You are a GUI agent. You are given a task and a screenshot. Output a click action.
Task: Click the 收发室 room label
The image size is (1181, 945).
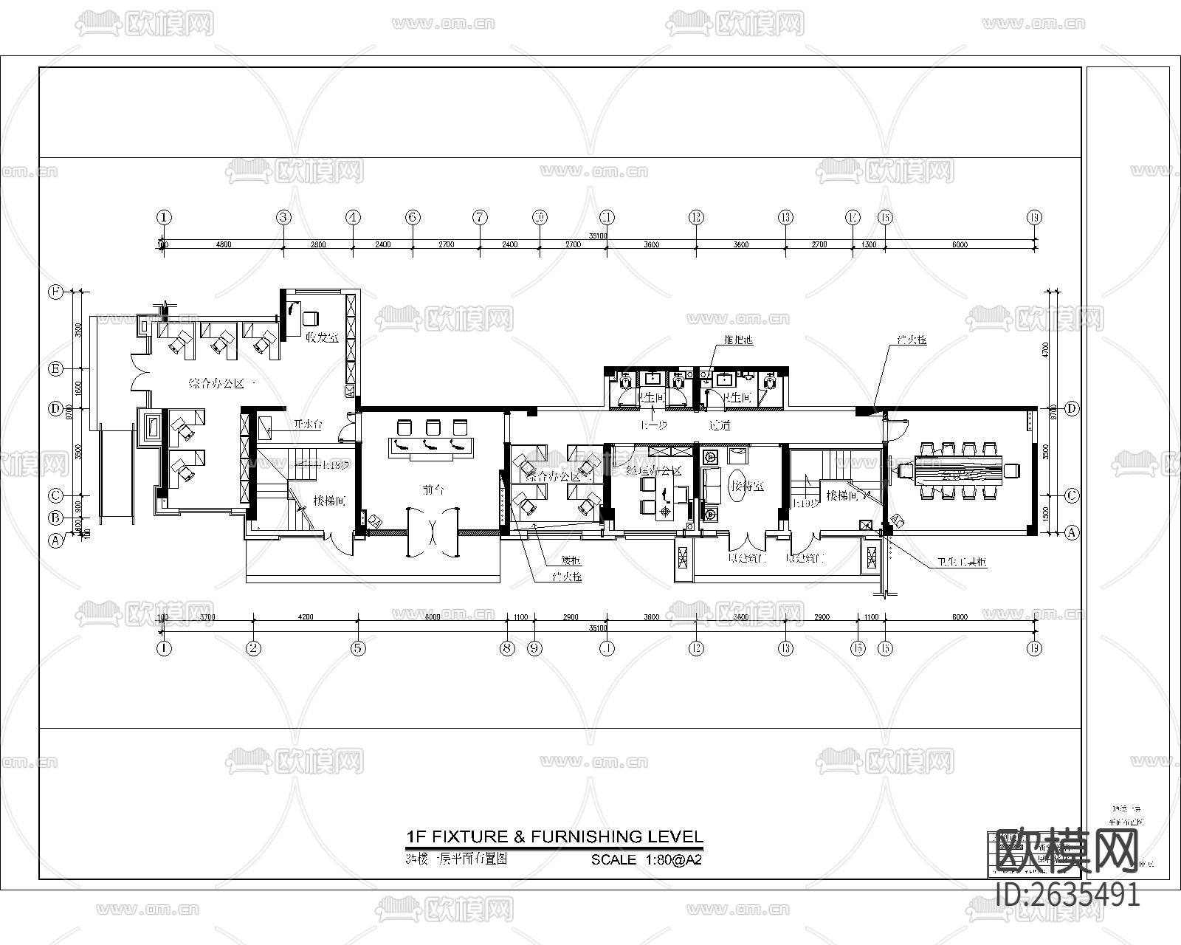[322, 338]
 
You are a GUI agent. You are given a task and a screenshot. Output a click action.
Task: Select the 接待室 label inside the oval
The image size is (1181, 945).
[747, 487]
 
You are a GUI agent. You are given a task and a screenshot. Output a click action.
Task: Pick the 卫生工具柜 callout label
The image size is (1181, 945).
[962, 562]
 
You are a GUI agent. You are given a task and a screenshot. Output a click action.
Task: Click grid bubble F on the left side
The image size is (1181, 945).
[55, 292]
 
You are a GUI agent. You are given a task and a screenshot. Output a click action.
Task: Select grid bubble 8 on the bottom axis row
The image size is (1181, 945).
[506, 649]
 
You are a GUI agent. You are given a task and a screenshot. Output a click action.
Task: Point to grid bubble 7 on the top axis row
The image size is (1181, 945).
[480, 217]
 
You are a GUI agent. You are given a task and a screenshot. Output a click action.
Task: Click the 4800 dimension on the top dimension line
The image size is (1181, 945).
[223, 244]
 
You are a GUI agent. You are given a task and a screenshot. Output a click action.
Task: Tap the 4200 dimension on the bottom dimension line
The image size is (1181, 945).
[305, 617]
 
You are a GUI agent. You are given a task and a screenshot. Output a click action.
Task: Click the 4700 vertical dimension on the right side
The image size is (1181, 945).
[1053, 348]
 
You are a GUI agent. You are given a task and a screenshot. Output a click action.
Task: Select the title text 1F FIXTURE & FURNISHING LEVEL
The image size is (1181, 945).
[554, 836]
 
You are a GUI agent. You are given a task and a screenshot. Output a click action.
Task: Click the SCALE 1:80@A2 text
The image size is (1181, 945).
[646, 860]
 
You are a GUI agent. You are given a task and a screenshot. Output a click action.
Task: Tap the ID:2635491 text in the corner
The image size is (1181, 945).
[1067, 895]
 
